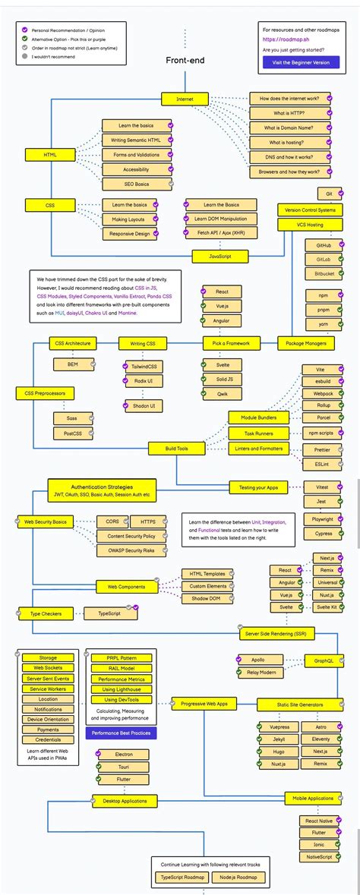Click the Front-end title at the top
pyautogui.click(x=185, y=60)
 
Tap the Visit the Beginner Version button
pyautogui.click(x=301, y=62)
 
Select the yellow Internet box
pyautogui.click(x=185, y=99)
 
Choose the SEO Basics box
pyautogui.click(x=136, y=184)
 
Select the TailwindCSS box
pyautogui.click(x=139, y=367)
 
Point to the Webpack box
pyautogui.click(x=324, y=394)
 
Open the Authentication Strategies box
pyautogui.click(x=103, y=490)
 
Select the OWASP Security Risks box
pyautogui.click(x=125, y=550)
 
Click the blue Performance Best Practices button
pyautogui.click(x=121, y=733)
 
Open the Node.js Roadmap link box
pyautogui.click(x=237, y=878)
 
